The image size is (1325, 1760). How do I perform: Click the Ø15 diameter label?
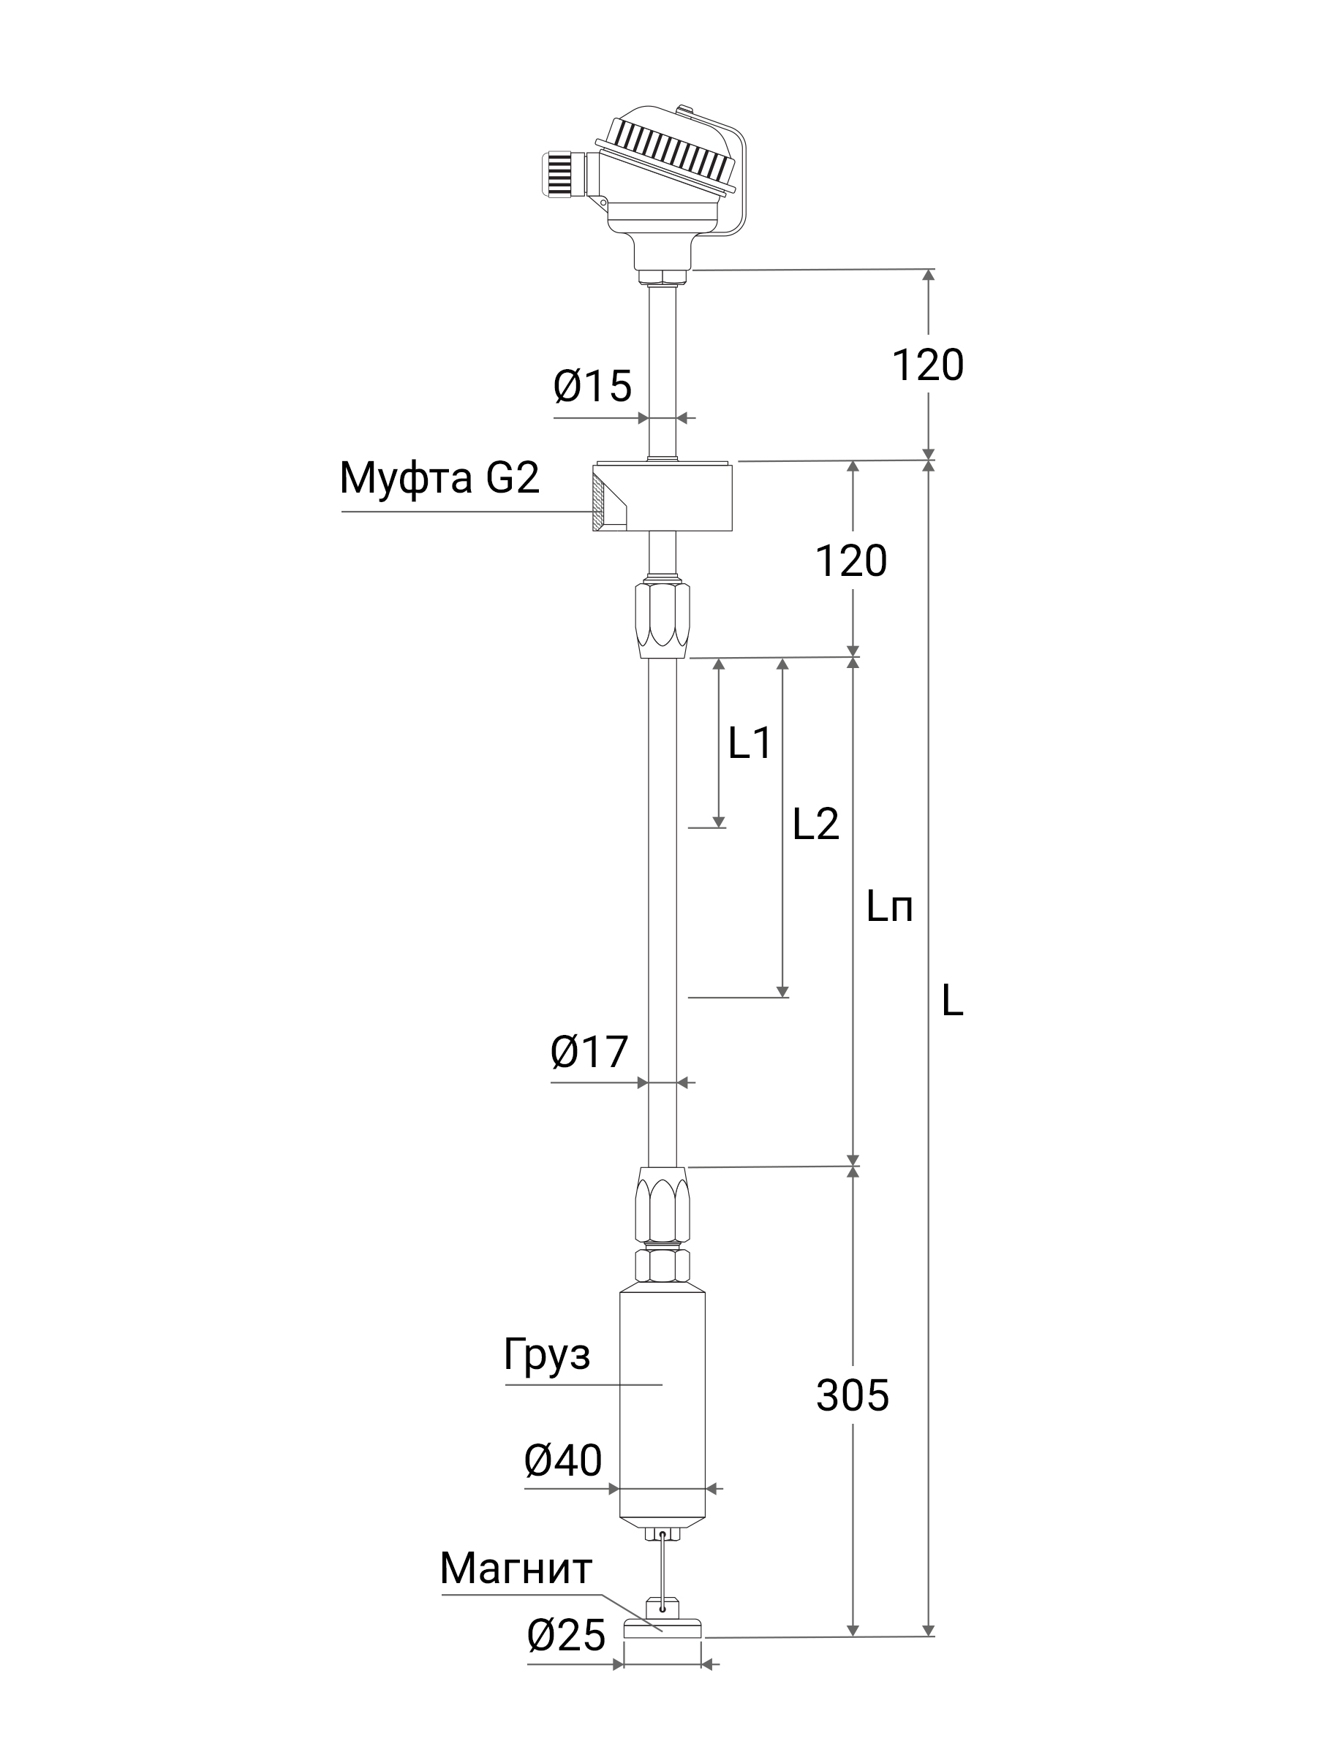(x=592, y=387)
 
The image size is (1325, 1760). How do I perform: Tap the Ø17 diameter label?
(x=589, y=1052)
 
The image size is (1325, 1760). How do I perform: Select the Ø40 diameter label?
(x=564, y=1460)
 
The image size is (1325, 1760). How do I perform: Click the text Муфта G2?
(x=440, y=478)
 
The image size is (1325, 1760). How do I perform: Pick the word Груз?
(x=548, y=1355)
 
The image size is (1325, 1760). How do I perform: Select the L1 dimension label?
(x=750, y=743)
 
